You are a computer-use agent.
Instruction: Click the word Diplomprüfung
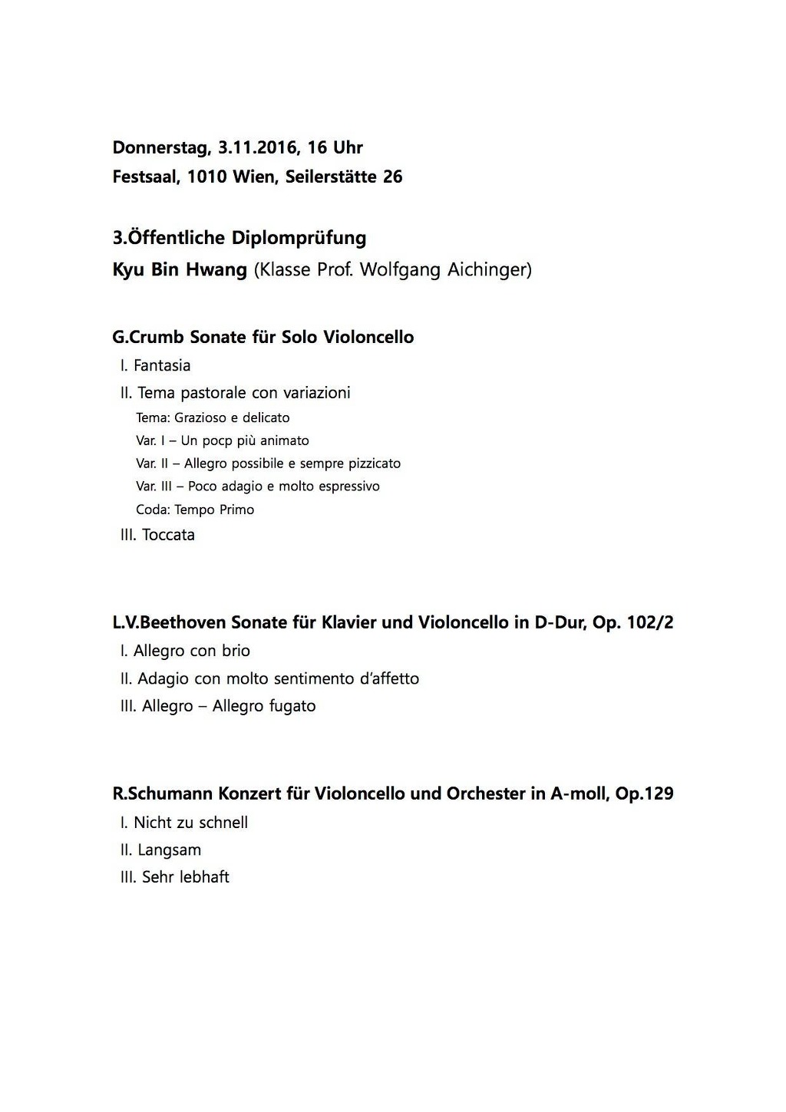click(299, 238)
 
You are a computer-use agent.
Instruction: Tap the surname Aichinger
click(488, 270)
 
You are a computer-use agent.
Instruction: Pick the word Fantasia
click(162, 365)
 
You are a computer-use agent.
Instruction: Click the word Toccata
click(168, 535)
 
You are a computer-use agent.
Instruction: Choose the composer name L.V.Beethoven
click(169, 622)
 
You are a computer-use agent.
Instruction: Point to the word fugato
click(292, 706)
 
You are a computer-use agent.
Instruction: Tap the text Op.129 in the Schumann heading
click(644, 794)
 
